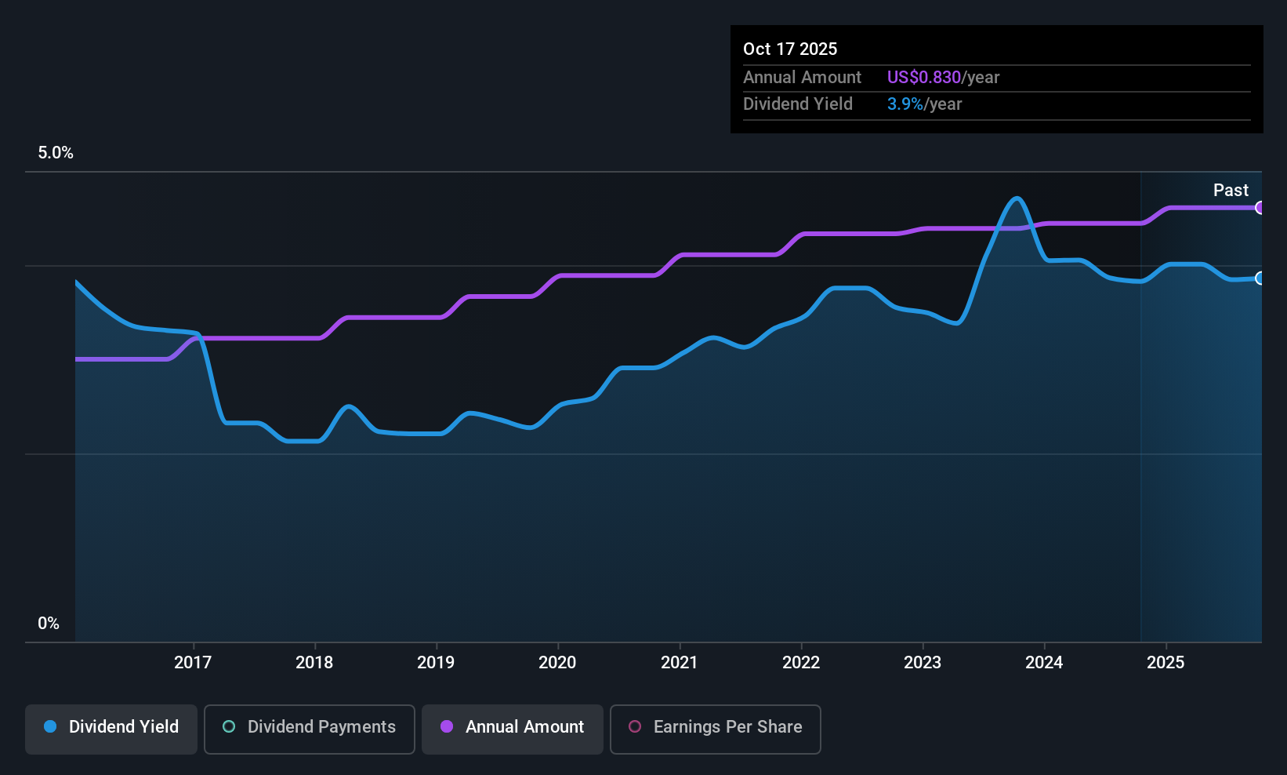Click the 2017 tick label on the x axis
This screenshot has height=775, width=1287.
pyautogui.click(x=193, y=662)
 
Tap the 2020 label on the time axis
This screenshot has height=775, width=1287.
pyautogui.click(x=557, y=662)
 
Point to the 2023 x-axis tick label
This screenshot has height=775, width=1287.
pyautogui.click(x=923, y=662)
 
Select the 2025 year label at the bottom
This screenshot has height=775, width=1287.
pyautogui.click(x=1166, y=662)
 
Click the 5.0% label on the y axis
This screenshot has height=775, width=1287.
pyautogui.click(x=56, y=153)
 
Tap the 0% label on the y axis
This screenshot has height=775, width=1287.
pyautogui.click(x=49, y=624)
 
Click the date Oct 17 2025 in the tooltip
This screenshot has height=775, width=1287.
pyautogui.click(x=790, y=49)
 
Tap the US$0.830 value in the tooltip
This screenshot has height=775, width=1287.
pyautogui.click(x=923, y=78)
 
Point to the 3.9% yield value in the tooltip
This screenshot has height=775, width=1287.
pyautogui.click(x=905, y=104)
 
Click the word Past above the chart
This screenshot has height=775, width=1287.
pyautogui.click(x=1231, y=190)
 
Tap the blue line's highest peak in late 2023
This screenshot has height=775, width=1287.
pyautogui.click(x=1017, y=198)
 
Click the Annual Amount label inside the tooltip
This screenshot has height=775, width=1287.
pyautogui.click(x=802, y=78)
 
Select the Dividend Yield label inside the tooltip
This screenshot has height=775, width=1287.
pyautogui.click(x=797, y=104)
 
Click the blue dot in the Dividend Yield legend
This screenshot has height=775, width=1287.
pyautogui.click(x=50, y=727)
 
